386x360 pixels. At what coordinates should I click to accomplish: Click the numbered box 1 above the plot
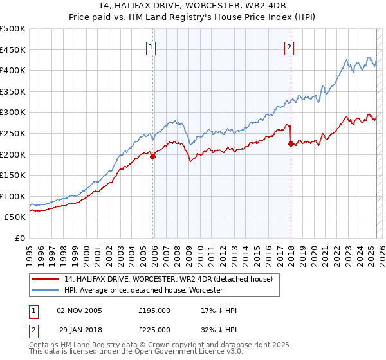click(x=150, y=46)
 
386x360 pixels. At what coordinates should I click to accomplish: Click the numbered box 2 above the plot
click(x=289, y=46)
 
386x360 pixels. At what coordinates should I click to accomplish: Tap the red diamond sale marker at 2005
click(x=153, y=156)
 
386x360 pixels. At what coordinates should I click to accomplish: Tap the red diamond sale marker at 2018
click(x=291, y=143)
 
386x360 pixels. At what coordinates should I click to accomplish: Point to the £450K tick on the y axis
click(x=13, y=50)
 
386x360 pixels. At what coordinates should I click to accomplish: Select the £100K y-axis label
click(x=13, y=196)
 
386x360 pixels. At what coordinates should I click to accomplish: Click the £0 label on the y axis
click(x=20, y=238)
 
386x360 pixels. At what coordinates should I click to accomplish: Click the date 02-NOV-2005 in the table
click(x=80, y=310)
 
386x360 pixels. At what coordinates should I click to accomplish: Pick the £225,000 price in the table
click(x=154, y=329)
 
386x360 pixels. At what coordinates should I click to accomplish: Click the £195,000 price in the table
click(x=154, y=310)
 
